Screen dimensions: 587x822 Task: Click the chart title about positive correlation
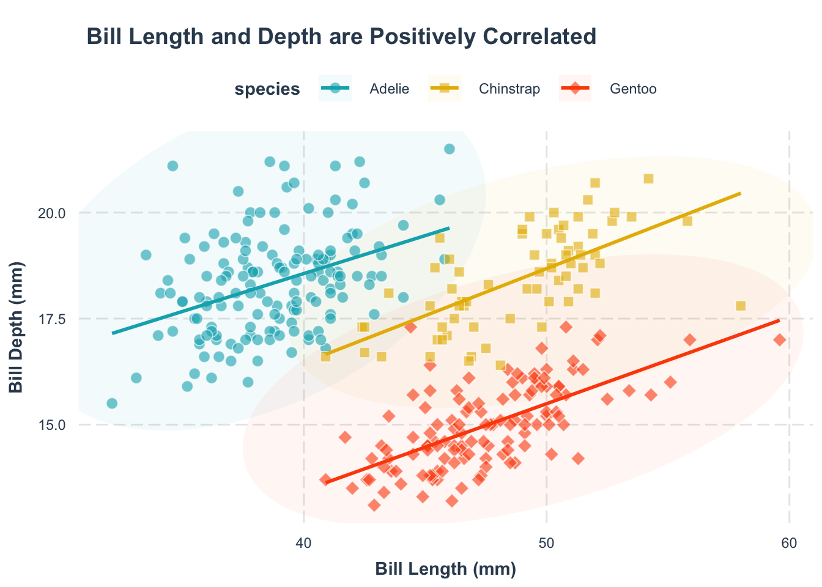(341, 37)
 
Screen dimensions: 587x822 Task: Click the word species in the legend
(267, 89)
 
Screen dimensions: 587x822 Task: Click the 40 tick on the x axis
(304, 543)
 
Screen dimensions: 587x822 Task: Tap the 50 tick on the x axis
(546, 543)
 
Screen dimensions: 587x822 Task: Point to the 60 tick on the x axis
(789, 543)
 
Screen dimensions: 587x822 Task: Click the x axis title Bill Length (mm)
(445, 569)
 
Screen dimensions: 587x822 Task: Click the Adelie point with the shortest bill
(112, 404)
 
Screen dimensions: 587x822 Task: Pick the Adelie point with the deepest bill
(449, 149)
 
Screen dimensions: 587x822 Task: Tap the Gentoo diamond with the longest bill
(779, 340)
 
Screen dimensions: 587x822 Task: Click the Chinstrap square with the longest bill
(741, 306)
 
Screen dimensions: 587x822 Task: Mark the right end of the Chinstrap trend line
(741, 193)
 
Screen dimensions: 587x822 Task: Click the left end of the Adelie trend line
(113, 333)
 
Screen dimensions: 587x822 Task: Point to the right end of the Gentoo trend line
(779, 320)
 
